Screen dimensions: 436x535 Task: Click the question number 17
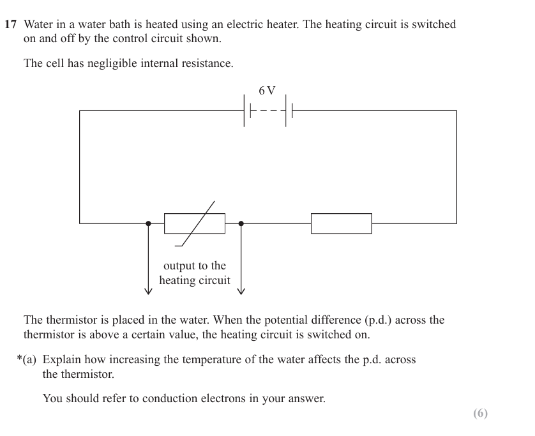click(10, 25)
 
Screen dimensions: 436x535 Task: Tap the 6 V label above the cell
click(267, 91)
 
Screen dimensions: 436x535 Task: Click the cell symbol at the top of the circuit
click(267, 111)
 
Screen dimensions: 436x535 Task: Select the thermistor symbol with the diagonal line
click(195, 223)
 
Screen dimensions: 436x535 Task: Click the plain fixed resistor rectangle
click(341, 223)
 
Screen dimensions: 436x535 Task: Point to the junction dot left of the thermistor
click(148, 223)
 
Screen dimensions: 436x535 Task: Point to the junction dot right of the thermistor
click(241, 223)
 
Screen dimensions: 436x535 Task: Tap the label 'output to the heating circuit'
click(195, 273)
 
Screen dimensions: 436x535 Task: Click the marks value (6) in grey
click(480, 414)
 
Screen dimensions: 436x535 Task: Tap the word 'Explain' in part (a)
click(62, 360)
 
